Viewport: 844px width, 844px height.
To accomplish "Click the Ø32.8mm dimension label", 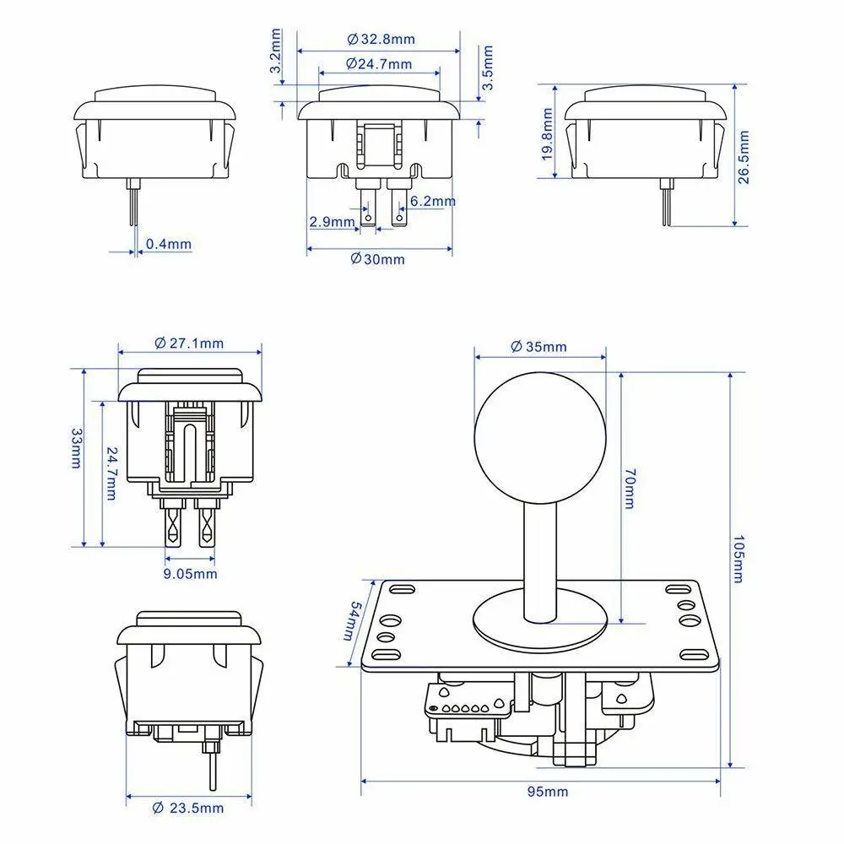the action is click(x=381, y=39).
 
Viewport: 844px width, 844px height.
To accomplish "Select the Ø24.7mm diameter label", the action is click(x=379, y=63).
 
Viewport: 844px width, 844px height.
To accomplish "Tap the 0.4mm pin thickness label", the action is click(x=169, y=244).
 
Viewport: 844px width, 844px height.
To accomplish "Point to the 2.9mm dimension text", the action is click(x=332, y=221).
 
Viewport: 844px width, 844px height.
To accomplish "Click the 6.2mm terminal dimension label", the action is click(x=433, y=201).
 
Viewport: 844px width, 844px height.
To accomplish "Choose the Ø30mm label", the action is click(x=377, y=259).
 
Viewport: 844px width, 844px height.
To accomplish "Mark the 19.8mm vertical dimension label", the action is click(x=548, y=134).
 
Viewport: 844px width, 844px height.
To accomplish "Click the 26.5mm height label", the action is click(x=744, y=157).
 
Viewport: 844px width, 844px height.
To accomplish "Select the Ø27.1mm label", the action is click(x=189, y=343).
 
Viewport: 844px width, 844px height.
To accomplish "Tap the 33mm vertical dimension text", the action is click(x=77, y=448).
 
